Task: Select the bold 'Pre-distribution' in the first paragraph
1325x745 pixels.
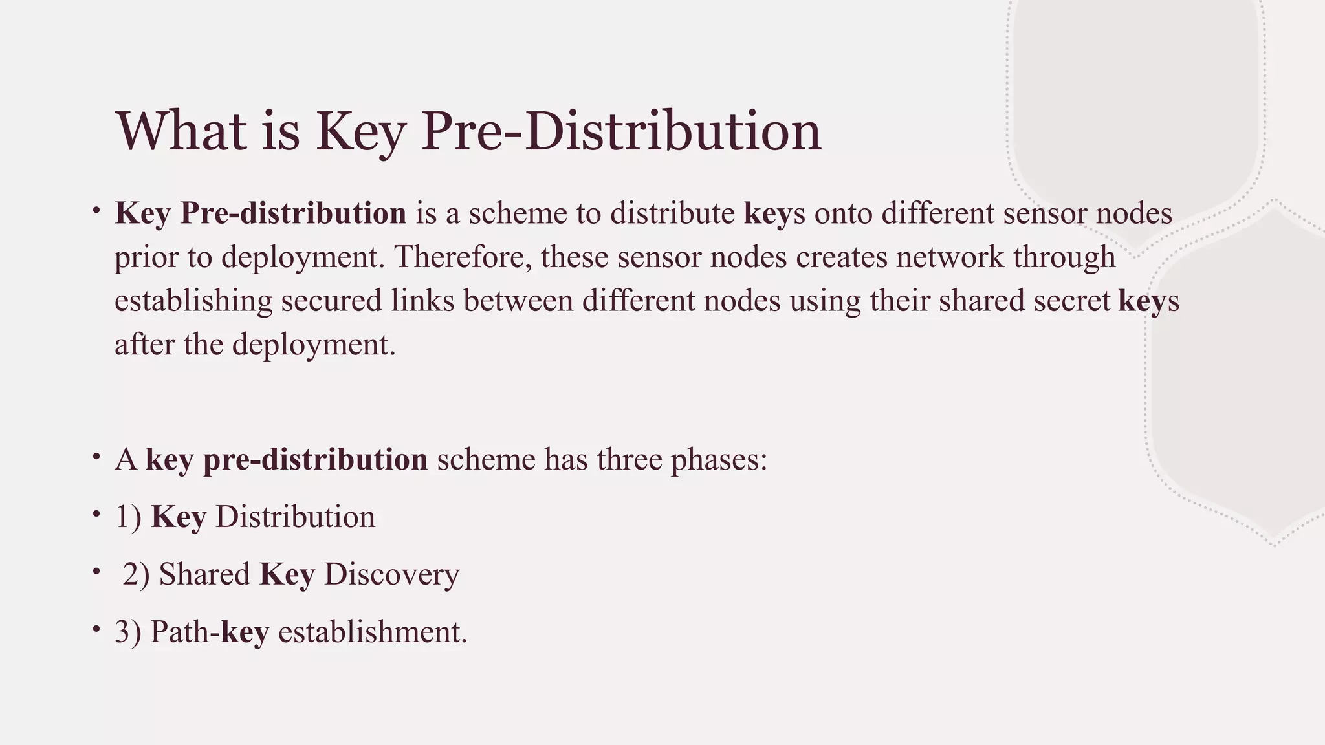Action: tap(293, 213)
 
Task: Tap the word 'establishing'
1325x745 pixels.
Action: tap(193, 301)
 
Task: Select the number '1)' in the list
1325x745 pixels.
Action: tap(128, 517)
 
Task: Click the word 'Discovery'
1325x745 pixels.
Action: tap(391, 574)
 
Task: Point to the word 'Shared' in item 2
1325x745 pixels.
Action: tap(204, 574)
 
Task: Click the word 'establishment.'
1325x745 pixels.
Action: tap(373, 632)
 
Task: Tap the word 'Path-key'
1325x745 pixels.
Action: tap(210, 632)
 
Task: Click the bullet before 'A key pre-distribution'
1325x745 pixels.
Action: tap(96, 457)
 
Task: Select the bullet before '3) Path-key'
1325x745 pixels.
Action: tap(96, 629)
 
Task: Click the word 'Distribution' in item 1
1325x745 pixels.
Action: tap(295, 517)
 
